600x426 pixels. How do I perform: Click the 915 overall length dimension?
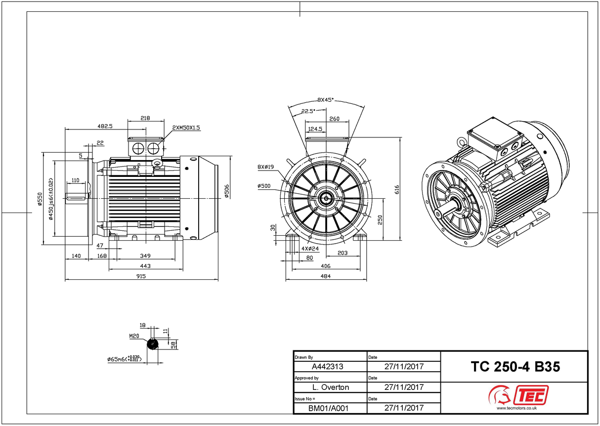[x=141, y=276]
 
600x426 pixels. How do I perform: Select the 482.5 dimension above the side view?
[x=104, y=126]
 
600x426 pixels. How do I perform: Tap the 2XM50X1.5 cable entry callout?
[x=186, y=128]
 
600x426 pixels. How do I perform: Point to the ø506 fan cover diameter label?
[x=226, y=191]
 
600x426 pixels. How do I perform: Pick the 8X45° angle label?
[x=326, y=100]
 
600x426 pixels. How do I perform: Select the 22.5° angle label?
[x=308, y=111]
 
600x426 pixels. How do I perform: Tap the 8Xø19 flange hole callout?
[x=265, y=167]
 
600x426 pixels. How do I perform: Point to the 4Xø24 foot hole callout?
[x=310, y=249]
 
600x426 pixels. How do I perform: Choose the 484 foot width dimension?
[x=326, y=276]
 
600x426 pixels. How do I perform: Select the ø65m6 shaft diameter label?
[x=125, y=359]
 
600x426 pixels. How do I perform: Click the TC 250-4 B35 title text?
[x=515, y=367]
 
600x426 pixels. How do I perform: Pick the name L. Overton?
[x=331, y=387]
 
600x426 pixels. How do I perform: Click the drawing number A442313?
[x=328, y=367]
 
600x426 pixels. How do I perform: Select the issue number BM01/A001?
[x=328, y=408]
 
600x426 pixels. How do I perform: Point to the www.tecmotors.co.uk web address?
[x=516, y=408]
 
